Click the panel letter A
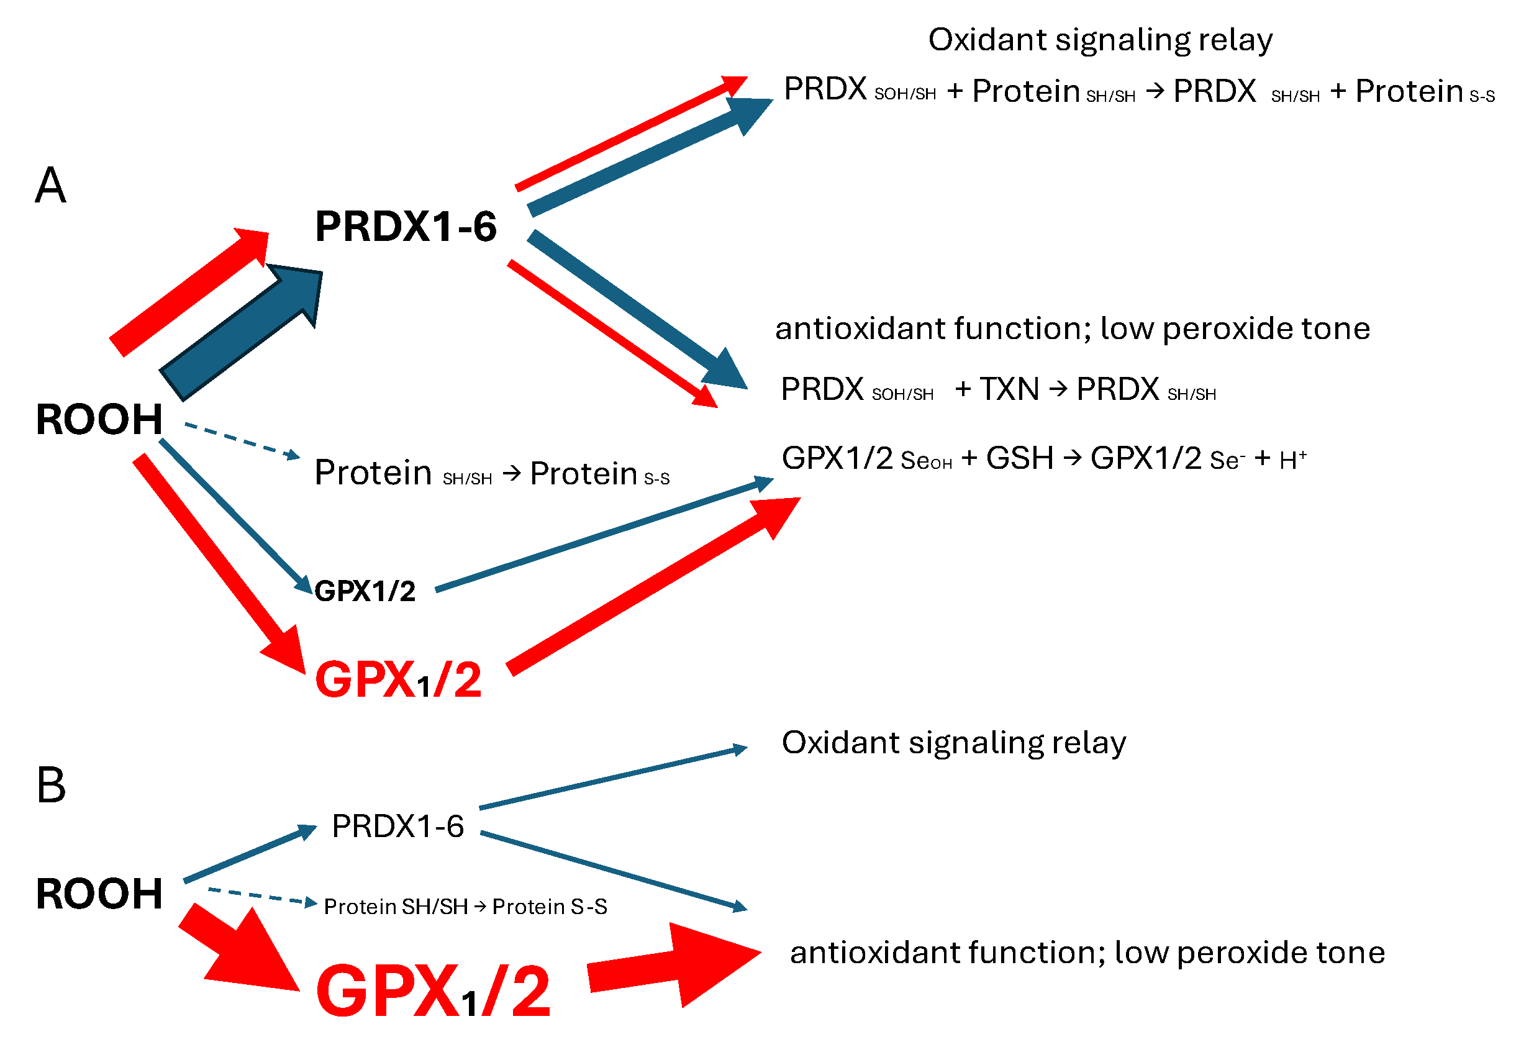click(50, 186)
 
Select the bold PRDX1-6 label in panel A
click(406, 227)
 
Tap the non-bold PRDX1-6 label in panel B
click(397, 826)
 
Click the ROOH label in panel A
click(99, 419)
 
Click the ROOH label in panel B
click(99, 893)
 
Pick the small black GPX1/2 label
click(365, 591)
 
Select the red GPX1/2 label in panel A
click(397, 679)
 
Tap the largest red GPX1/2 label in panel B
click(432, 991)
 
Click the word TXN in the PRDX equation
click(1009, 389)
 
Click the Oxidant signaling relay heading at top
click(1099, 40)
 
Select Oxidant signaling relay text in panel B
click(953, 742)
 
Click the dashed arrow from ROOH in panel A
click(242, 441)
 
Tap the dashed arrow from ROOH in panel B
click(261, 895)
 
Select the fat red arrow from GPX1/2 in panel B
click(673, 965)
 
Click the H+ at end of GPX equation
click(1292, 460)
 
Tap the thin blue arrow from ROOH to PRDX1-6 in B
click(250, 854)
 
